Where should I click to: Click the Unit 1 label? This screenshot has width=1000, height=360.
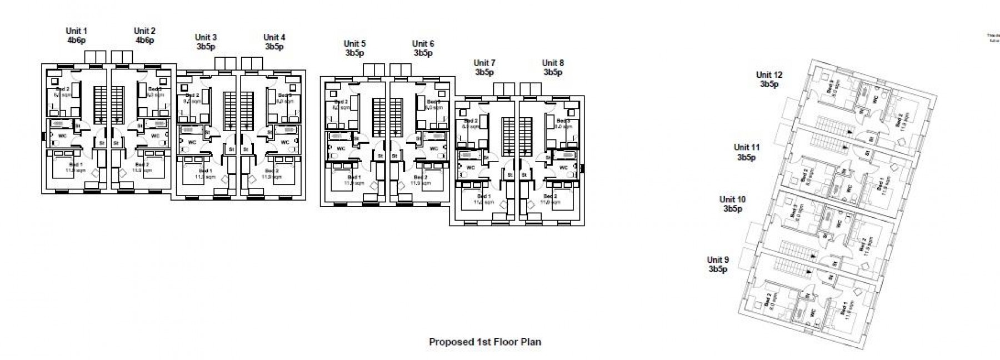77,31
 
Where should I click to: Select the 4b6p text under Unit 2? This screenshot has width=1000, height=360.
144,41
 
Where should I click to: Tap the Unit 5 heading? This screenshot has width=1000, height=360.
354,44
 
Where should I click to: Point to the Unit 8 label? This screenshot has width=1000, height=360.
553,63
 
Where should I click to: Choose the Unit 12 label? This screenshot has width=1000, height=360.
769,75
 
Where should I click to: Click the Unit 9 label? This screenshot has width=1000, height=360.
718,260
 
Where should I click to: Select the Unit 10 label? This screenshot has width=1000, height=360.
732,199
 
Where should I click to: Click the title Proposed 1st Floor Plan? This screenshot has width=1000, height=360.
484,342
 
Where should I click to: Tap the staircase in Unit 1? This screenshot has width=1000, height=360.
99,104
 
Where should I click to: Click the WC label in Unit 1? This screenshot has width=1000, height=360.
62,136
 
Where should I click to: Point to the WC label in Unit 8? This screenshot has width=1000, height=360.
563,167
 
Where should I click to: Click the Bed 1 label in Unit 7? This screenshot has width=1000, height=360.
483,197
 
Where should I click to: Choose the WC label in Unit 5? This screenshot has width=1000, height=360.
341,149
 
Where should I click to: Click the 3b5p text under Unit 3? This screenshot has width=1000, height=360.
206,47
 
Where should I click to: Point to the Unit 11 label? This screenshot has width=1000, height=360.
746,148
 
